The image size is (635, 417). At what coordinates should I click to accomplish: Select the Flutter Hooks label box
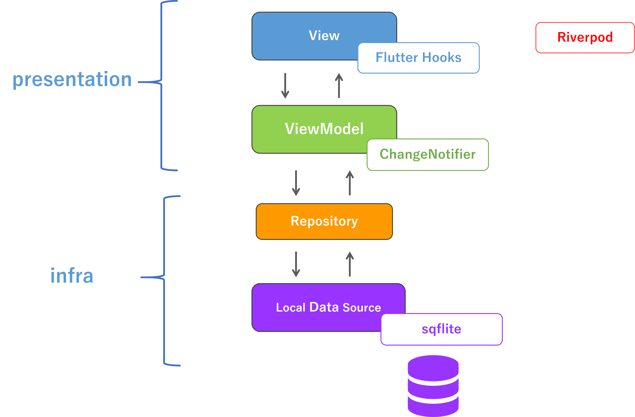418,58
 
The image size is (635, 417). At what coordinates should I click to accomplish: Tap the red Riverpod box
585,38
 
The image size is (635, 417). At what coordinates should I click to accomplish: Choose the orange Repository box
324,221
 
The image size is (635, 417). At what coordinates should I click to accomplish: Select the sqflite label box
441,329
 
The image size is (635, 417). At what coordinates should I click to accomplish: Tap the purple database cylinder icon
433,386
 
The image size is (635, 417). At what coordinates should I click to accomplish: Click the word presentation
72,79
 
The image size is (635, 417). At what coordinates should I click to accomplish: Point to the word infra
72,276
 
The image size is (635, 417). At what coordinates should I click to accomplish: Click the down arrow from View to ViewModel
285,86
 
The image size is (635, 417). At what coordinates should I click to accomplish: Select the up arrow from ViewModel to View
339,86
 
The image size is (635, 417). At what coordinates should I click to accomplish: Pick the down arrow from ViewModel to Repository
296,183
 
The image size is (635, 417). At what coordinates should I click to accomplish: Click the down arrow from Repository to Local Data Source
296,264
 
